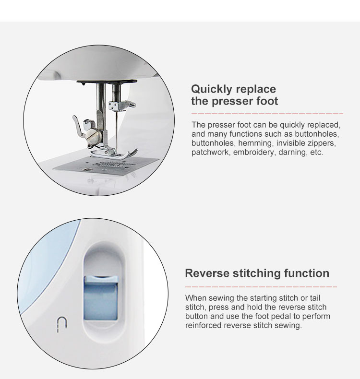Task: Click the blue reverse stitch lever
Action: [101, 298]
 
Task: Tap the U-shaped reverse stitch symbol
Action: [61, 325]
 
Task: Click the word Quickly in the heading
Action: [212, 89]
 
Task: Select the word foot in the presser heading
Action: [267, 101]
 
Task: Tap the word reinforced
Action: [204, 325]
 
